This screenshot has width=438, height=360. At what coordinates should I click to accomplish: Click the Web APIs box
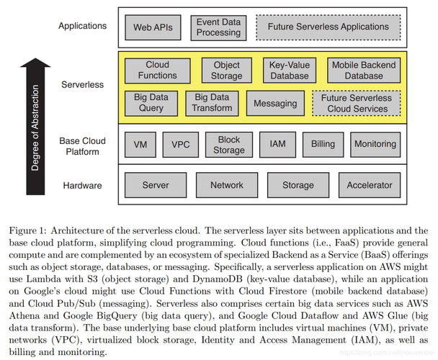click(x=153, y=27)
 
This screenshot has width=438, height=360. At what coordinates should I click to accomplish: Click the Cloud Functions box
click(x=157, y=70)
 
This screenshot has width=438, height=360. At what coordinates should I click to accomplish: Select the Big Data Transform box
click(x=213, y=102)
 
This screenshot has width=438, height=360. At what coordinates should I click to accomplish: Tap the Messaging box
click(x=275, y=103)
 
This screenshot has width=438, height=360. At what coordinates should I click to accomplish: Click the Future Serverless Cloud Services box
click(x=357, y=103)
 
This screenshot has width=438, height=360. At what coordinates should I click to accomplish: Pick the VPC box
click(x=180, y=144)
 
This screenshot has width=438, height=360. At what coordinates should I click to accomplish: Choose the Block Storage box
click(x=228, y=144)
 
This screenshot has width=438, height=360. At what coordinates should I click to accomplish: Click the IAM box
click(x=277, y=144)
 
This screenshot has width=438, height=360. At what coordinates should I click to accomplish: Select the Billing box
click(x=323, y=144)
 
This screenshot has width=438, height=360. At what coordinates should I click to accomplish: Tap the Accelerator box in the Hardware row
click(x=370, y=185)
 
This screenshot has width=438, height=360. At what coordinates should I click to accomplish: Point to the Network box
click(x=227, y=185)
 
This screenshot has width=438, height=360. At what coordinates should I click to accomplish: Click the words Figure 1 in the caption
click(x=25, y=230)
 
